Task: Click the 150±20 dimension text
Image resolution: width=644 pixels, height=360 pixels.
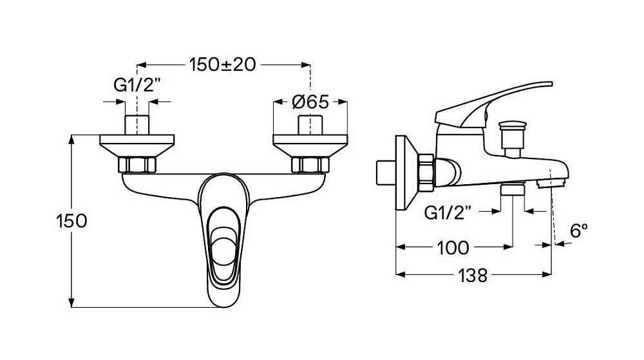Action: [222, 64]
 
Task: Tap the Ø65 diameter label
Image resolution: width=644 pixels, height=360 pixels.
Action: [310, 102]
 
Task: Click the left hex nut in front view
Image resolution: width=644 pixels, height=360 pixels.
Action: [138, 165]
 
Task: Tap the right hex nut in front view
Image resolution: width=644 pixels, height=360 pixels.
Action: [310, 165]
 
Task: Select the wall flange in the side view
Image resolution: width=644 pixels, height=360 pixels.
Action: [404, 173]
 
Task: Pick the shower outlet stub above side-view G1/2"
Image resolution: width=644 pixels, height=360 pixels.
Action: [513, 189]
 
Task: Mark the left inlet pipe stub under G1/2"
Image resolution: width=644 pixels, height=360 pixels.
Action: [137, 124]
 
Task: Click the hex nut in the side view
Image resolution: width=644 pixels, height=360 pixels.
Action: [426, 172]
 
